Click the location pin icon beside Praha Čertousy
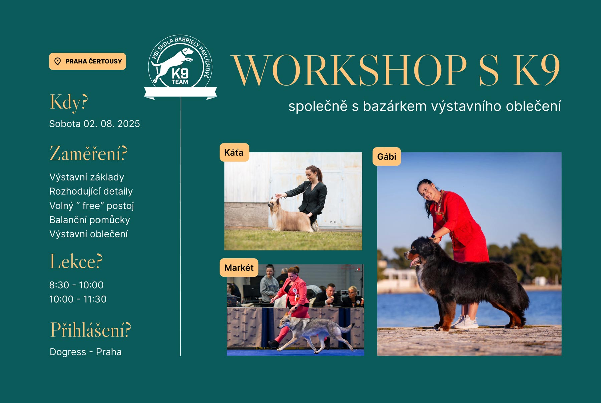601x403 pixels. [58, 61]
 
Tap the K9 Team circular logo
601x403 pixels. [180, 63]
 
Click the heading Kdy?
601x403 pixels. [69, 102]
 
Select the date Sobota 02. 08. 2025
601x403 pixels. [94, 124]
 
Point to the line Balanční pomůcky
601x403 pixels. [89, 220]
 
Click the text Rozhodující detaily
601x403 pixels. [91, 191]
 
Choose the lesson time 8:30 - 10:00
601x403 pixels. [76, 285]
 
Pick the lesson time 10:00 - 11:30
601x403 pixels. [78, 299]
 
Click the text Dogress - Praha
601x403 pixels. [85, 352]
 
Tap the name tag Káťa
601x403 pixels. [234, 153]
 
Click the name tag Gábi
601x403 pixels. [387, 157]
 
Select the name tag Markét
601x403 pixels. [239, 268]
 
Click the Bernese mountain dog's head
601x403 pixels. [419, 250]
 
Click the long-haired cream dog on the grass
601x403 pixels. [289, 217]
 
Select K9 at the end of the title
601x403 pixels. [536, 70]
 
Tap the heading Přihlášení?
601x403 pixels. [90, 330]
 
